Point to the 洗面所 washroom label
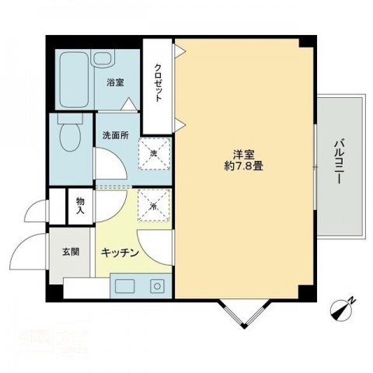114,134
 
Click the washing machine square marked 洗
154,153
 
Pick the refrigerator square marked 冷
154,205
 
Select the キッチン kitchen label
120,253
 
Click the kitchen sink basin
127,287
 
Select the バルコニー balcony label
340,161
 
